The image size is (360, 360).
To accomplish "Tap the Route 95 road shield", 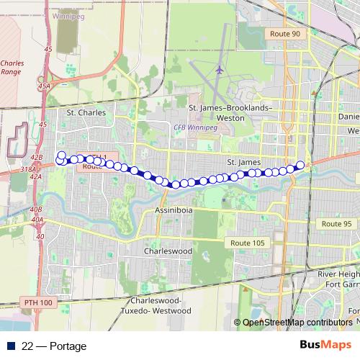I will [337, 225].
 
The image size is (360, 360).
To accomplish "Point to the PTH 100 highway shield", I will [37, 303].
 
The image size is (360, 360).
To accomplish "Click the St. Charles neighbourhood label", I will [86, 112].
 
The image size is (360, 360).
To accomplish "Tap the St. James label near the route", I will [243, 162].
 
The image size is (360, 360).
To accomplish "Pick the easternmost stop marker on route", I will [300, 165].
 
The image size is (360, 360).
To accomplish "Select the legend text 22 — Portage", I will [54, 346].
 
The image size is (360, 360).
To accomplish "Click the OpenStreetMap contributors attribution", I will [297, 322].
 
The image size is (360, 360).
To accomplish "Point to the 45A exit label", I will [45, 86].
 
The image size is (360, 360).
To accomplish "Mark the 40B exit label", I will [36, 210].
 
